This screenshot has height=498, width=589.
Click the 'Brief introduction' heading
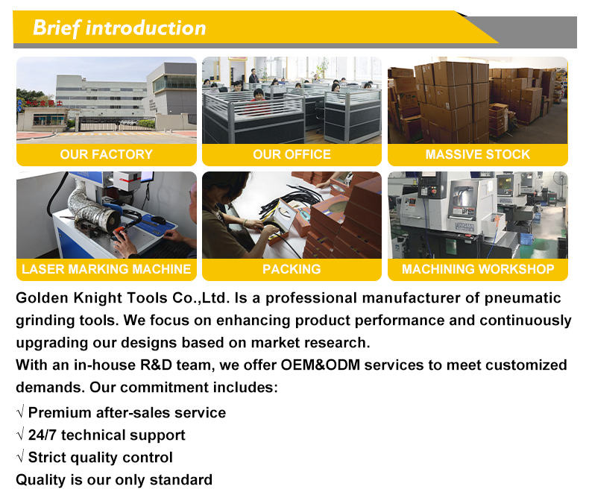click(119, 28)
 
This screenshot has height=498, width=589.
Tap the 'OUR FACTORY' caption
click(107, 154)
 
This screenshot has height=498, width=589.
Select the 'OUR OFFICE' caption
click(292, 154)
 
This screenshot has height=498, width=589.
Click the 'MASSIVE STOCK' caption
click(477, 154)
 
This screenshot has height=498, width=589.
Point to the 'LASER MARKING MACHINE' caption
click(107, 269)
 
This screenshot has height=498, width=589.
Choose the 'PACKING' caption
click(292, 269)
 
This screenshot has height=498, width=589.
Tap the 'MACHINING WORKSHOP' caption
click(478, 269)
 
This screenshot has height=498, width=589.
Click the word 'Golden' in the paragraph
click(42, 297)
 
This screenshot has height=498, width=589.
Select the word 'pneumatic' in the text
click(523, 298)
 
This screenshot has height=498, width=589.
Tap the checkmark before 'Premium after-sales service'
click(21, 412)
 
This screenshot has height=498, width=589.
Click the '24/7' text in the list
click(42, 435)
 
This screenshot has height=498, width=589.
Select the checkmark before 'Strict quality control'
click(21, 456)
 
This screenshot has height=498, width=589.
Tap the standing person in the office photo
click(254, 76)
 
